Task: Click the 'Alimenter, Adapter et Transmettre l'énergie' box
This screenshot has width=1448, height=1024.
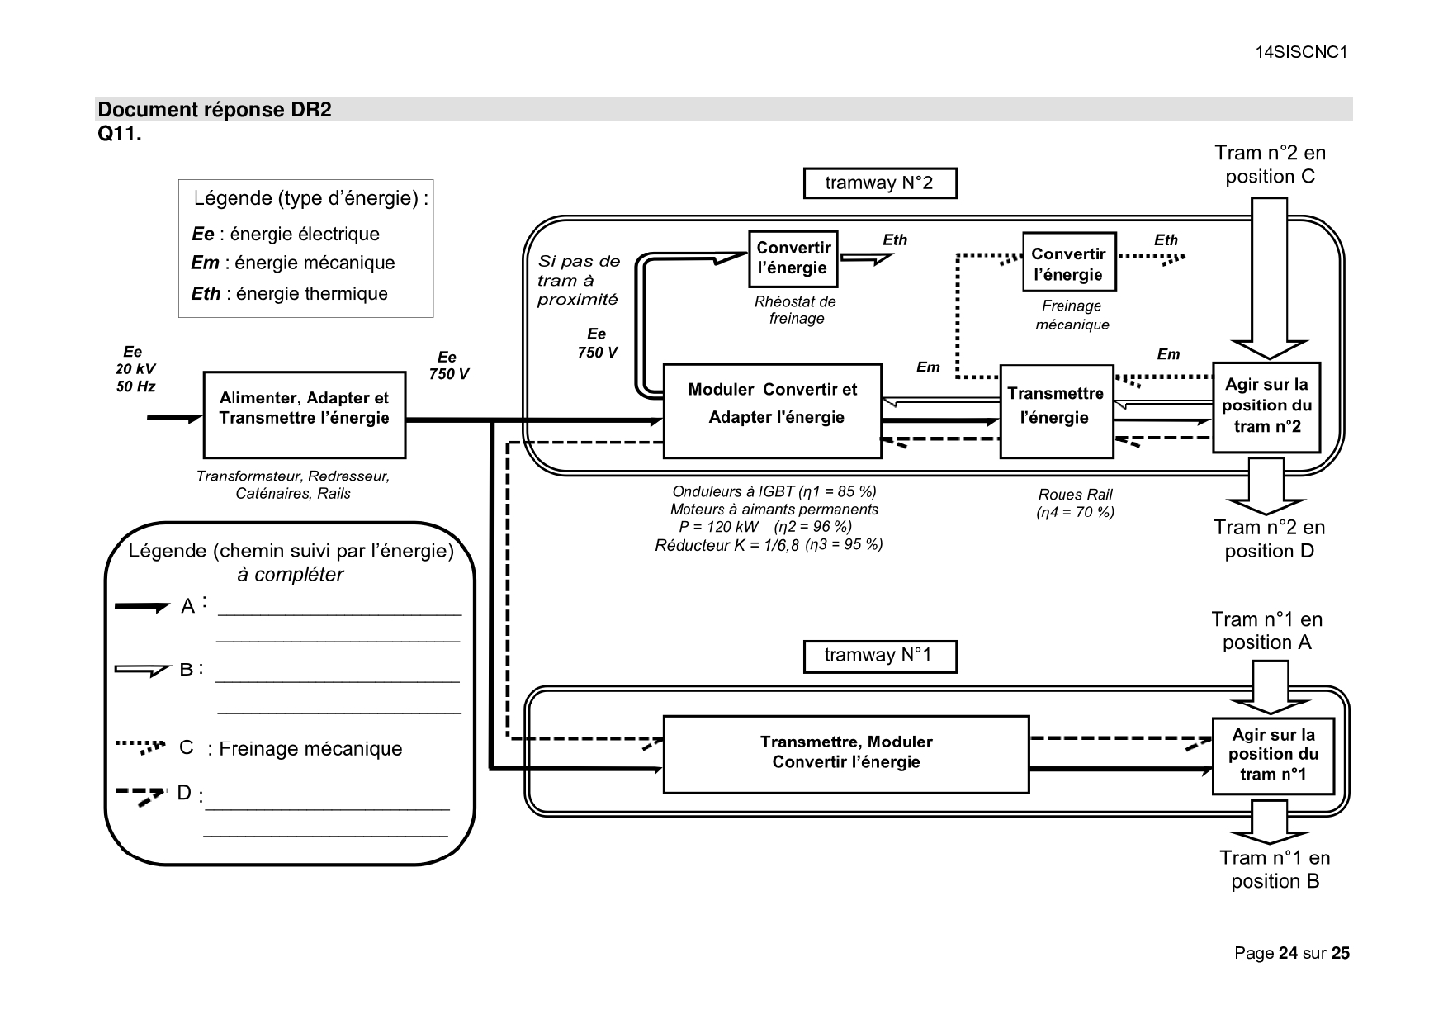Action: click(x=304, y=415)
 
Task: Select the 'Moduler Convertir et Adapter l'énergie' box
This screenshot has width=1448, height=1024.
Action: click(x=772, y=410)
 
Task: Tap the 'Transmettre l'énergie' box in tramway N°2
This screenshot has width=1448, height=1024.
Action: click(x=1056, y=410)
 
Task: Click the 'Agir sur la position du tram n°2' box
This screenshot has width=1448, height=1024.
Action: click(x=1266, y=406)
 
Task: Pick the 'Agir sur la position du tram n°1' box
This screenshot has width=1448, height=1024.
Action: click(x=1272, y=756)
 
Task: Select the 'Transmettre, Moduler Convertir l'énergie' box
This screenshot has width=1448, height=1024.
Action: click(x=845, y=754)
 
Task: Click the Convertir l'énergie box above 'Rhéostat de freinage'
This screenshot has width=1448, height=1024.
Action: click(x=793, y=258)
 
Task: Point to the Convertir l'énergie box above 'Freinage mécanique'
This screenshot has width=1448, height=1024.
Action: click(x=1068, y=262)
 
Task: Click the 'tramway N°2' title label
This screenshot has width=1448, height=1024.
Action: click(x=879, y=183)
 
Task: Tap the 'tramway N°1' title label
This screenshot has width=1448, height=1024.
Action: click(x=879, y=656)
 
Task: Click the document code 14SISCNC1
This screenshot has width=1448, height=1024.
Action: click(x=1300, y=52)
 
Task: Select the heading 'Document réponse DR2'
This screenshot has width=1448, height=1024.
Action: click(x=215, y=110)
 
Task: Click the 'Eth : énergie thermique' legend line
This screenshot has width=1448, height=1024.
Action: click(x=290, y=294)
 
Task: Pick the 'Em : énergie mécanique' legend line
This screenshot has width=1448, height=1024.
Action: click(x=293, y=263)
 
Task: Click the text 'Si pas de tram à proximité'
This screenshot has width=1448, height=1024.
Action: click(x=578, y=280)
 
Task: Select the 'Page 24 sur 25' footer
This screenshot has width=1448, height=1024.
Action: click(x=1291, y=953)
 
